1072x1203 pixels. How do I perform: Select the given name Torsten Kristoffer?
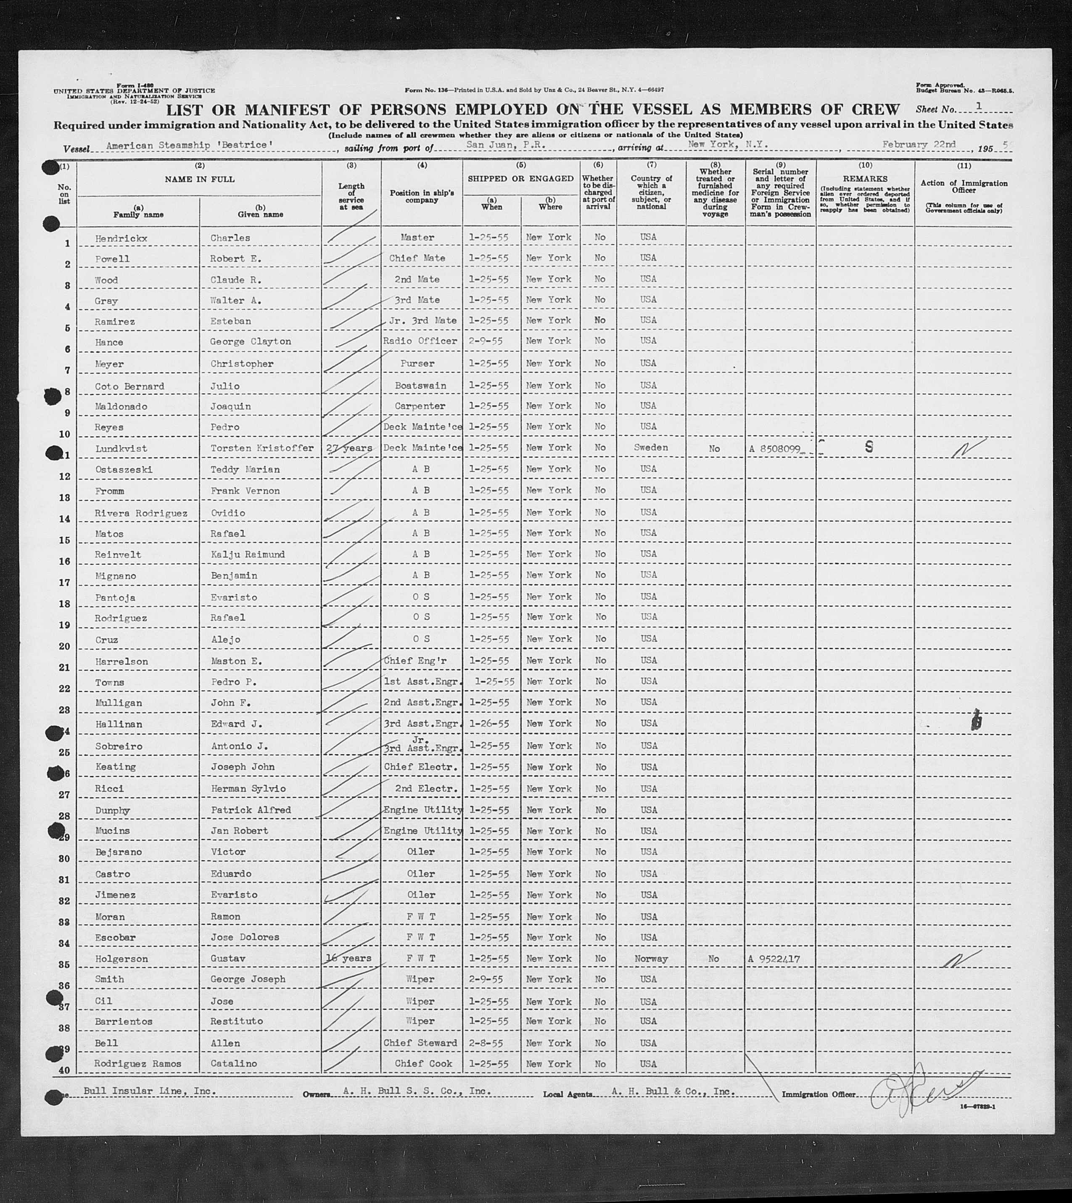pyautogui.click(x=261, y=448)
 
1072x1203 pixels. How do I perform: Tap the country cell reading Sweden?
pyautogui.click(x=651, y=448)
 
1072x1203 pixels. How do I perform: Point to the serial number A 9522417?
pyautogui.click(x=774, y=959)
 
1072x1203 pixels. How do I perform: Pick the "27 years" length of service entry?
pyautogui.click(x=349, y=448)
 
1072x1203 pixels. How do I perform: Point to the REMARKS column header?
pyautogui.click(x=865, y=179)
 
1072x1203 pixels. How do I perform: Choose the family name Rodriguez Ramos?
pyautogui.click(x=138, y=1063)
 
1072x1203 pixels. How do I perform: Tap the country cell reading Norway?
pyautogui.click(x=651, y=959)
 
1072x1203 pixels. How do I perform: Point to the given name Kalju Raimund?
pyautogui.click(x=247, y=554)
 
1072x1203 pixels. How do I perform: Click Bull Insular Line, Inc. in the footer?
pyautogui.click(x=150, y=1091)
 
